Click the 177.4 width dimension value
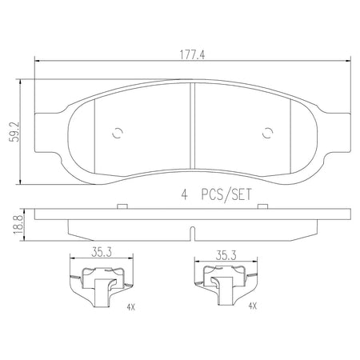coord(192,55)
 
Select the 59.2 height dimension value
coord(14,132)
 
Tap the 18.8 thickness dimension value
coord(18,225)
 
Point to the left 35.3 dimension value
coord(102,252)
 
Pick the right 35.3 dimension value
coord(226,255)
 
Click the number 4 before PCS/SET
coord(184,195)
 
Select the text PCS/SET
coord(226,194)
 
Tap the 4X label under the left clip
coord(131,307)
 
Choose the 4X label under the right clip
coord(253,306)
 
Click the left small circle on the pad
coord(118,132)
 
